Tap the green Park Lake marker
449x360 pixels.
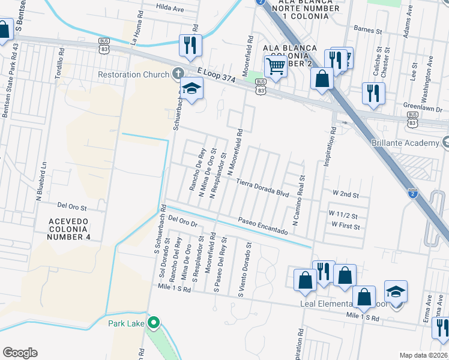click(154, 323)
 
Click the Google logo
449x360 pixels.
click(20, 353)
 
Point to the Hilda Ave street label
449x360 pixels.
click(169, 9)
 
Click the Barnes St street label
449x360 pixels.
click(368, 29)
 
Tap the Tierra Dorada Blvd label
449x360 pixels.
click(262, 187)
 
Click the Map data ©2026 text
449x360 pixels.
click(423, 355)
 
